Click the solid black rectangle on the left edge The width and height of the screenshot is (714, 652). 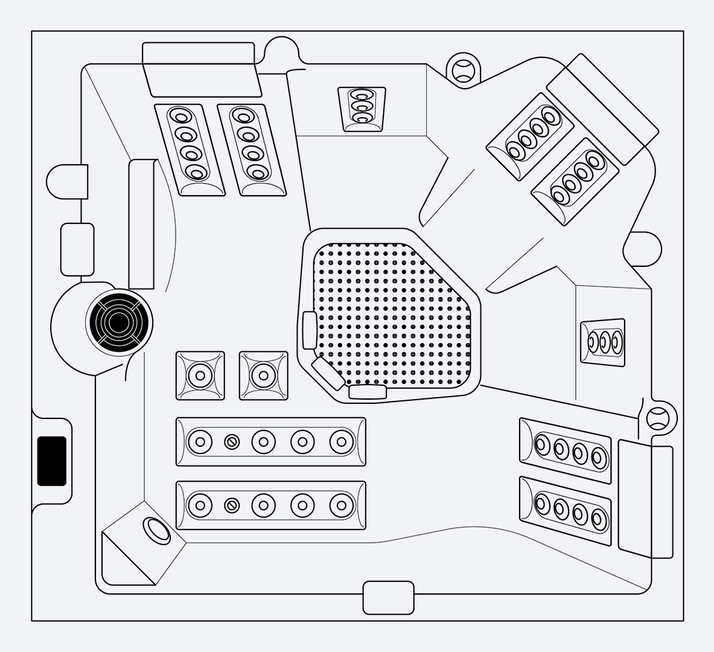[52, 461]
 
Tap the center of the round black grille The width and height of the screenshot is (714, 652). [118, 322]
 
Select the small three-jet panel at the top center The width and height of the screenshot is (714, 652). [362, 109]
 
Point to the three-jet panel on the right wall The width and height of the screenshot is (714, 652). [602, 341]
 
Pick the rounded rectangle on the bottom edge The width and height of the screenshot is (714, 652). [388, 598]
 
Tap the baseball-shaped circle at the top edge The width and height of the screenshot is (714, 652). [464, 70]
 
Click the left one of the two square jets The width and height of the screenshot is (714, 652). [200, 376]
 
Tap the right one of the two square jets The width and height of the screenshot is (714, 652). [264, 376]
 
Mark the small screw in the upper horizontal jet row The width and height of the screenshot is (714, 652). [232, 442]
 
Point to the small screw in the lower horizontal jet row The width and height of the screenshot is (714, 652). [232, 505]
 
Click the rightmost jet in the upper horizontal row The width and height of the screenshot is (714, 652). [342, 442]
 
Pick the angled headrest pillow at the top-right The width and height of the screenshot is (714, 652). [602, 109]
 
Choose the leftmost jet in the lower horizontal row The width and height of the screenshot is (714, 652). [200, 505]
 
